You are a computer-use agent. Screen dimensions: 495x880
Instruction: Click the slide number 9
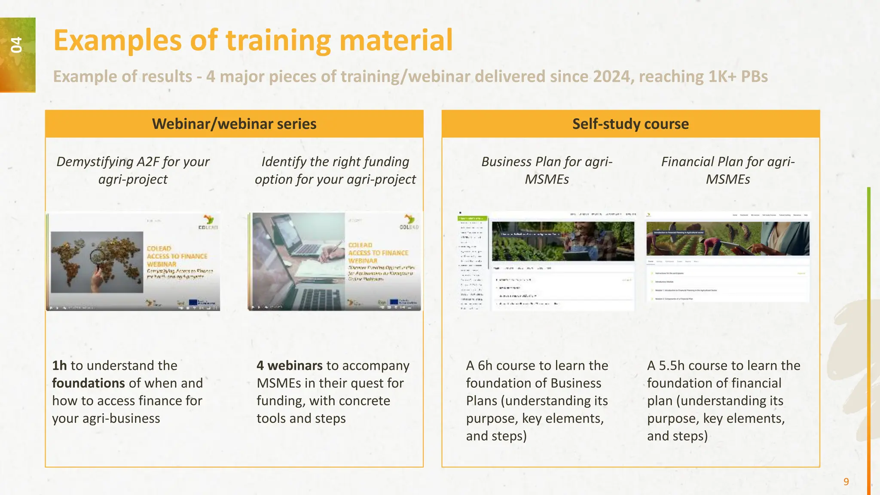click(846, 482)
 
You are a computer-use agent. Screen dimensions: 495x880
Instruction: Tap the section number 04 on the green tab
click(16, 45)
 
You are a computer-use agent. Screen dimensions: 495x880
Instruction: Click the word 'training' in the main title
click(278, 40)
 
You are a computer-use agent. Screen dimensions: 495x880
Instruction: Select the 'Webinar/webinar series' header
click(234, 124)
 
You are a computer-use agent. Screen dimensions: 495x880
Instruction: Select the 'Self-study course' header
click(630, 124)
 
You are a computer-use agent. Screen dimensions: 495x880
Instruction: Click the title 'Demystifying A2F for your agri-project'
click(133, 170)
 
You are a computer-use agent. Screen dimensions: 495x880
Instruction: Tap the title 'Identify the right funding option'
click(335, 170)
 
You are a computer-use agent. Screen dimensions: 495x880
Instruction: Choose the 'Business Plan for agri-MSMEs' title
click(547, 170)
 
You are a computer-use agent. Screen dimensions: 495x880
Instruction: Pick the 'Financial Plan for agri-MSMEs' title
click(728, 170)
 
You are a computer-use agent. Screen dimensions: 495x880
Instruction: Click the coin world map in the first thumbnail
click(97, 261)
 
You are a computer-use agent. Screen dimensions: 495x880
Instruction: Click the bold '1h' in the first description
click(59, 366)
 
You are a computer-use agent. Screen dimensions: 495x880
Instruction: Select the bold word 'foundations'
click(89, 383)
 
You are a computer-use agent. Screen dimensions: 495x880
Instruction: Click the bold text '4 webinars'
click(290, 366)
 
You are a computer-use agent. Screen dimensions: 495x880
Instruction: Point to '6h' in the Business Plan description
click(485, 366)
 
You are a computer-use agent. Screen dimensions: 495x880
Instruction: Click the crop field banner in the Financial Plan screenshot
click(727, 239)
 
